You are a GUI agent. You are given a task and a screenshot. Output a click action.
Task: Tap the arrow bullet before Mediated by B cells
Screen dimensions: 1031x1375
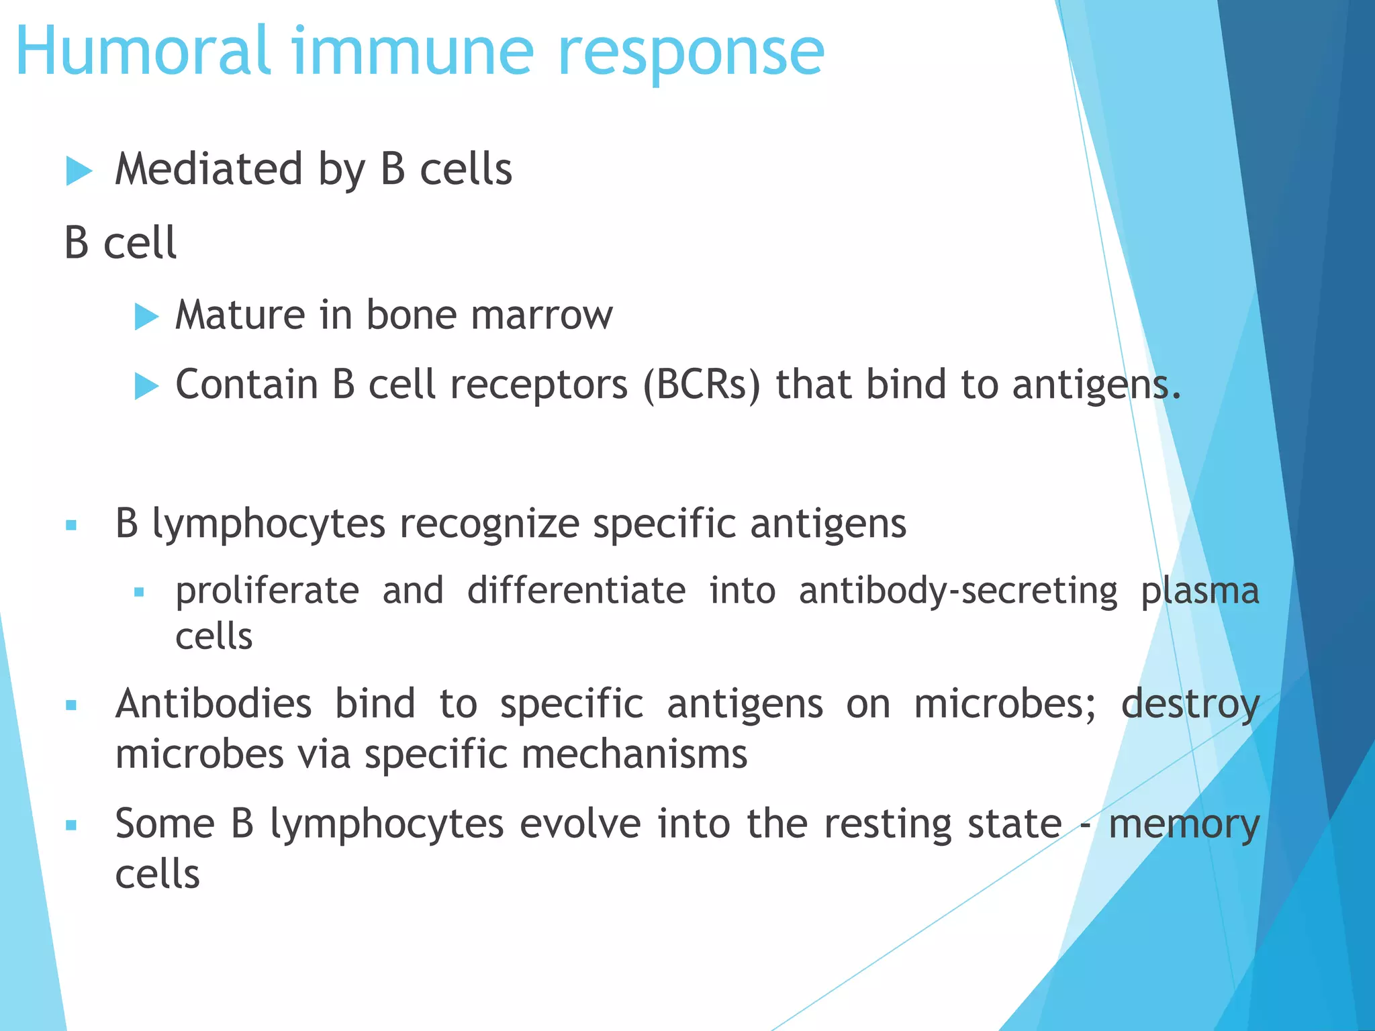(x=79, y=171)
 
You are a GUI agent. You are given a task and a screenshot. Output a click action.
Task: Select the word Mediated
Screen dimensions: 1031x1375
(x=209, y=169)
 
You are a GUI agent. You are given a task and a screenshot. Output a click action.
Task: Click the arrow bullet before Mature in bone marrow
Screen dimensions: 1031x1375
(x=146, y=316)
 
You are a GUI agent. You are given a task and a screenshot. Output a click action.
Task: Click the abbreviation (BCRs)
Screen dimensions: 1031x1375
(x=702, y=385)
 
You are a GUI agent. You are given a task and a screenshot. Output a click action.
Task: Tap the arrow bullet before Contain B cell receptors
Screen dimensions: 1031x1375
(x=146, y=387)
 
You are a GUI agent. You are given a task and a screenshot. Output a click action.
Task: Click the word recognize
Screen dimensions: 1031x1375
(x=489, y=525)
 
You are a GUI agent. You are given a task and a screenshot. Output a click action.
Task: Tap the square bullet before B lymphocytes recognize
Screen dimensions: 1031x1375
(x=72, y=526)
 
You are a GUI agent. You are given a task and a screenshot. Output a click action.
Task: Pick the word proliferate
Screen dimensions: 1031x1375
(x=267, y=591)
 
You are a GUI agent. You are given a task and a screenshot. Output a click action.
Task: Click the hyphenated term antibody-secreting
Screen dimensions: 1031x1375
(x=958, y=591)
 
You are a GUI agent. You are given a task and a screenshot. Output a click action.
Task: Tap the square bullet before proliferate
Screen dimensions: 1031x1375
(x=140, y=593)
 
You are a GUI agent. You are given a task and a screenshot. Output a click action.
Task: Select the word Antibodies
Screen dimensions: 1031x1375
(x=214, y=704)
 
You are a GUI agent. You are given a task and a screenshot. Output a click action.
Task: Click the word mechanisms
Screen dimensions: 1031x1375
(x=634, y=754)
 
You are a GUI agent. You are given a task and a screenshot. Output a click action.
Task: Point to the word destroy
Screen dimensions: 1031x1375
(x=1190, y=705)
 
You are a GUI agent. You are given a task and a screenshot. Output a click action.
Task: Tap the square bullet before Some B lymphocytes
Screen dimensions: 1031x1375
(x=72, y=826)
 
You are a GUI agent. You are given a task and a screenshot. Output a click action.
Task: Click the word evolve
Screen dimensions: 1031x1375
(x=580, y=824)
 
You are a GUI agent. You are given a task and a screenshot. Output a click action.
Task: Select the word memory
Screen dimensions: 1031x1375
(x=1184, y=826)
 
